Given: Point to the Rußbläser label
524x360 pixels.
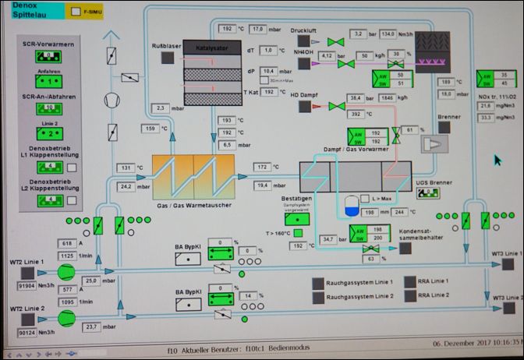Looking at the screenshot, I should [x=165, y=47].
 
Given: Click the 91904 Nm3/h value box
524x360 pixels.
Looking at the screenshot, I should [x=35, y=285].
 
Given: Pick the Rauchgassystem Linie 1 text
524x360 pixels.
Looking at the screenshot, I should [x=358, y=282].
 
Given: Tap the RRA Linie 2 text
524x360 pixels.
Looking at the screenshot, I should [x=434, y=295].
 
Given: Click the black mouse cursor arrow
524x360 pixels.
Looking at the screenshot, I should [x=497, y=160].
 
